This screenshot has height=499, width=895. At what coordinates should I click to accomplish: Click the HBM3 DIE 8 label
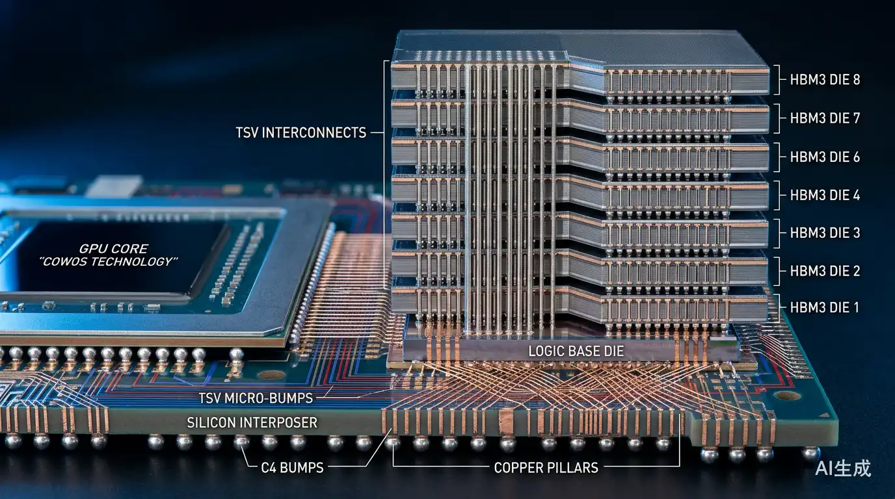pos(825,80)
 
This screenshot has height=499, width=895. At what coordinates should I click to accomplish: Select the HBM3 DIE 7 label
pos(825,118)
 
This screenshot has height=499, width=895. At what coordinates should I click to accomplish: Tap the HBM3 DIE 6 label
pos(825,157)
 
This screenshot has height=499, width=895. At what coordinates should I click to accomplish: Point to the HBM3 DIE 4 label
pos(825,195)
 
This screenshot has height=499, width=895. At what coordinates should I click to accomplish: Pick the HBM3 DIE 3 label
pos(825,233)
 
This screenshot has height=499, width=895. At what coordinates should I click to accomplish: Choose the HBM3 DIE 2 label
pos(825,271)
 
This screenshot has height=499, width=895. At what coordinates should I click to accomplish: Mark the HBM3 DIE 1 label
pos(824,307)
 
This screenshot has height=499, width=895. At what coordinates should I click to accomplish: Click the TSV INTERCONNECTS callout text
pos(301,133)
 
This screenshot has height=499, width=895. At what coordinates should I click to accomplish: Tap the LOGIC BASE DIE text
pos(576,351)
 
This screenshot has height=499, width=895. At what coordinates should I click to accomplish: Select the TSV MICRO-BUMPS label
pos(256,398)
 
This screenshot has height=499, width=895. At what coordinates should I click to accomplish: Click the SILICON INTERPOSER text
pos(252,422)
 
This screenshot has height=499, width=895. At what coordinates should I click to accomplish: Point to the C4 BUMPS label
pos(292,467)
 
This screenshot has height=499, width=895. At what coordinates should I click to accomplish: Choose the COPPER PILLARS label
pos(546,467)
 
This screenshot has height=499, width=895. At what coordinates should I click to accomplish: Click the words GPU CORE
pos(113,249)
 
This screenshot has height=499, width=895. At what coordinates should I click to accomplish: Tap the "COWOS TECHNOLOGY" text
pos(108,262)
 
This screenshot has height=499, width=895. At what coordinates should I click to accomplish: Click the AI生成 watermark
pos(843,468)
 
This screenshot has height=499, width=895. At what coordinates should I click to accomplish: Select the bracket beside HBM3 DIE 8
pos(777,80)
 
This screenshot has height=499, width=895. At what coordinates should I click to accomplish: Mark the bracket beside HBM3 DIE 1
pos(777,307)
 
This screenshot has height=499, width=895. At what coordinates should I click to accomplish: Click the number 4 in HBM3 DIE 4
pos(856,195)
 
